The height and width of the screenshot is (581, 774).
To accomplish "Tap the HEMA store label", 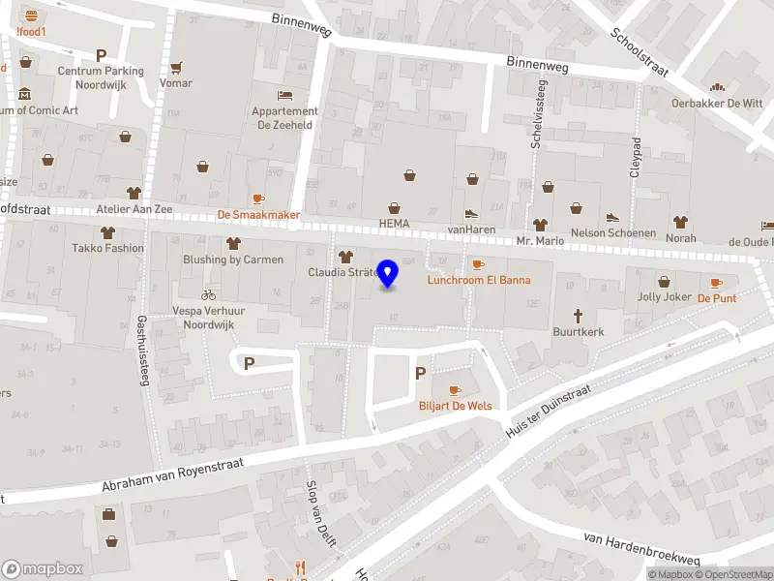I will click(x=394, y=224).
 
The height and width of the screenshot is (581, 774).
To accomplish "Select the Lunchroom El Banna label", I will click(x=479, y=280).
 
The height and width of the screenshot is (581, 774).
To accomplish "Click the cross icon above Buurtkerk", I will click(x=579, y=315).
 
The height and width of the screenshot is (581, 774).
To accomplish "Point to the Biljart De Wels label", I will click(x=455, y=405).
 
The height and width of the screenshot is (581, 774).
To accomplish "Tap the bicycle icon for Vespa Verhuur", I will click(x=208, y=294).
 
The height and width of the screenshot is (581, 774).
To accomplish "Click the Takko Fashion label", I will click(x=107, y=248).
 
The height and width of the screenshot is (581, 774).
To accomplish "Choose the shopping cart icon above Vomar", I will click(x=176, y=68).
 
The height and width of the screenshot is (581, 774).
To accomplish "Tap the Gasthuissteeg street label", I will click(x=142, y=352).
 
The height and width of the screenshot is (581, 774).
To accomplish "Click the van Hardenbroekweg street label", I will click(x=641, y=548).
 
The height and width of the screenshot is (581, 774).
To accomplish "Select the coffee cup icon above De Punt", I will click(x=716, y=283).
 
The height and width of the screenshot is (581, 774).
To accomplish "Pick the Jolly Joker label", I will click(x=664, y=297).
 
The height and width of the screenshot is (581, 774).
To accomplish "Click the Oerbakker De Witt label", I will click(x=718, y=104).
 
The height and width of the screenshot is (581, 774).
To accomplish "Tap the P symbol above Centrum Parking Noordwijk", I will click(x=100, y=55).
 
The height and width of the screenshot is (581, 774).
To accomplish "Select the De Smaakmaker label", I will click(x=258, y=215).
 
